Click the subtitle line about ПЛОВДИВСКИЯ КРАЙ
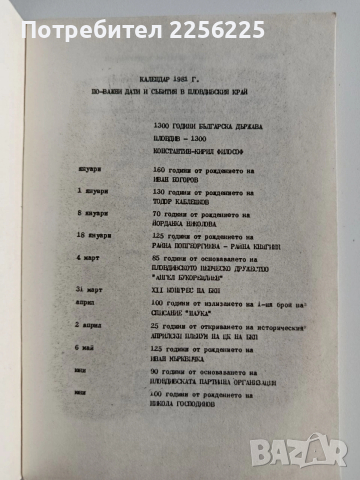point(180,91)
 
